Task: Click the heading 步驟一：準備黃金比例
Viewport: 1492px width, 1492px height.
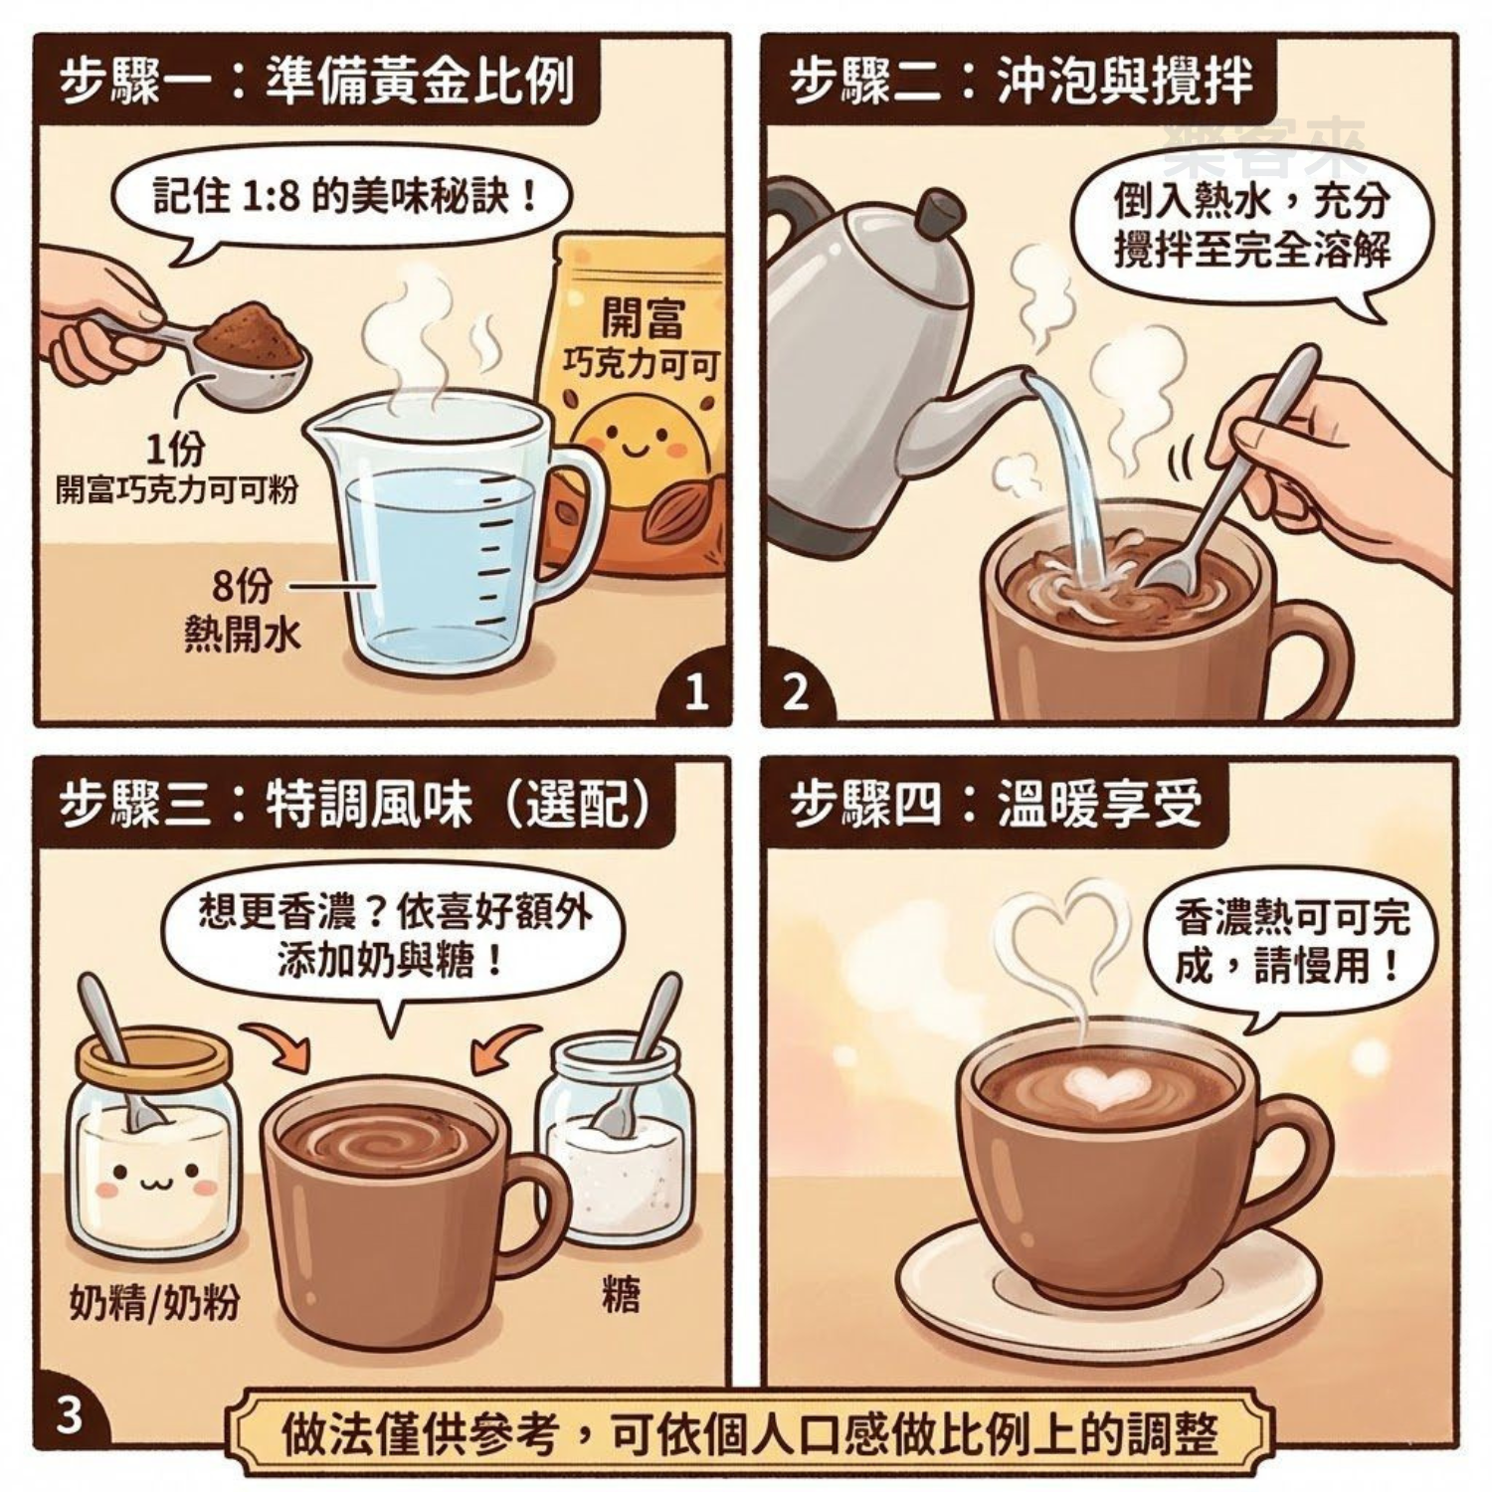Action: point(316,82)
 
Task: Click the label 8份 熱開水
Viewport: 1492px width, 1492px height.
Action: point(242,609)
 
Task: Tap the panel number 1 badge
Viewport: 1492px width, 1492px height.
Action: point(697,692)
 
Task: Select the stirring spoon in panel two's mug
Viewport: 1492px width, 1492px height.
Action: point(1233,467)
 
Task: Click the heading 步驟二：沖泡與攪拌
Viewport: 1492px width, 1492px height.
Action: point(1020,82)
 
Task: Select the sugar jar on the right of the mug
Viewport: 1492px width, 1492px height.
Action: point(615,1144)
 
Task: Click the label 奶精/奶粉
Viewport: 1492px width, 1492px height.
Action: point(154,1301)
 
